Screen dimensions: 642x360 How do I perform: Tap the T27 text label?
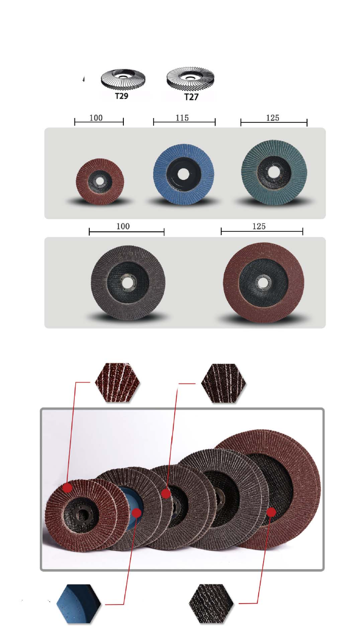pyautogui.click(x=192, y=97)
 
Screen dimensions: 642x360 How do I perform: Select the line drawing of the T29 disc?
pyautogui.click(x=123, y=80)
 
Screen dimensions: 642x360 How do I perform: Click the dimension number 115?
pyautogui.click(x=182, y=118)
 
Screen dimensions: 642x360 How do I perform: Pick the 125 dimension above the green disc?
pyautogui.click(x=272, y=118)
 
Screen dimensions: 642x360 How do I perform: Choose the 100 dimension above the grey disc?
pyautogui.click(x=123, y=226)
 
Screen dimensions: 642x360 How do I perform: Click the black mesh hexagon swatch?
pyautogui.click(x=211, y=604)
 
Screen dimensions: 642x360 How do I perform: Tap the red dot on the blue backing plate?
pyautogui.click(x=137, y=513)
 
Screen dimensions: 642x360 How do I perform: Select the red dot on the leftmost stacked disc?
pyautogui.click(x=67, y=487)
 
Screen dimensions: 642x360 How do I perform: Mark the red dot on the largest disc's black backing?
pyautogui.click(x=271, y=512)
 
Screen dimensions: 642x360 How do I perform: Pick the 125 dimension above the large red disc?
pyautogui.click(x=259, y=226)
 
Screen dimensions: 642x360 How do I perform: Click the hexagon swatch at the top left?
pyautogui.click(x=117, y=382)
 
